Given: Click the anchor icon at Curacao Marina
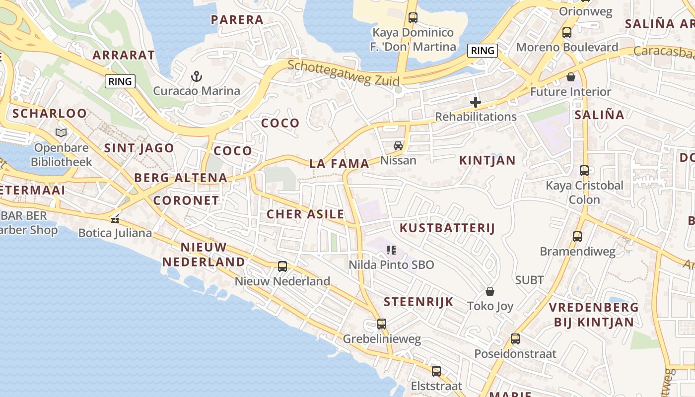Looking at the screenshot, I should (197, 76).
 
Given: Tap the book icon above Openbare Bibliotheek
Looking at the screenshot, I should (61, 132).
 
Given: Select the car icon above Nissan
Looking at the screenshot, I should (398, 145).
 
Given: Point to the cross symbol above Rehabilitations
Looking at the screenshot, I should (476, 102).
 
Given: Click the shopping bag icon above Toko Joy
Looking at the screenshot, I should (490, 291).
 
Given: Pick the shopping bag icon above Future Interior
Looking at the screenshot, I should (571, 77).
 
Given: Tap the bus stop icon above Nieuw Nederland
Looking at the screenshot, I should (282, 266).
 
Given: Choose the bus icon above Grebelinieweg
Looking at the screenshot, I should (381, 324).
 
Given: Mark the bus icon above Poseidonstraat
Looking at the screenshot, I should (515, 339).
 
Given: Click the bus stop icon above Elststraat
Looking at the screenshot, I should (436, 371).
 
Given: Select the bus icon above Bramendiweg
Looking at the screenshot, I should (577, 237).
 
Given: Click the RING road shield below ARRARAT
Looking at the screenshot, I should (120, 81).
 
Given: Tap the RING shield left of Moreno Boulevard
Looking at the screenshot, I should (483, 50).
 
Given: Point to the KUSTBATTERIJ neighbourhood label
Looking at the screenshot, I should (447, 228).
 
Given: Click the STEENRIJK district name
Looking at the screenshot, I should (418, 302).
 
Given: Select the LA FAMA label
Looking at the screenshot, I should (339, 163).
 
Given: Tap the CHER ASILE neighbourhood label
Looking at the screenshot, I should (305, 214).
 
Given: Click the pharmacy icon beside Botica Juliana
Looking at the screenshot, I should (115, 218).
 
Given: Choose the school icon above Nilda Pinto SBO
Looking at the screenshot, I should (391, 250).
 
